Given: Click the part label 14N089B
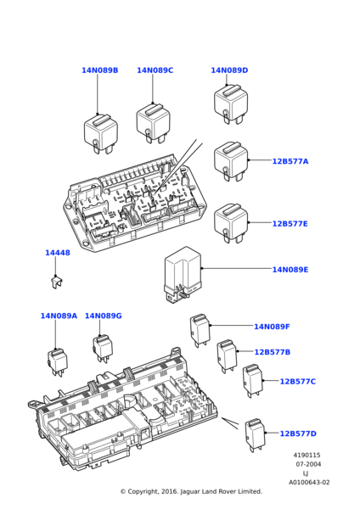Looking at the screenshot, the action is pyautogui.click(x=99, y=70).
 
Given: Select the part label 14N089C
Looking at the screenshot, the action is pyautogui.click(x=155, y=70).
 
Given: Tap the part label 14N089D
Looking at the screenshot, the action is pyautogui.click(x=229, y=70).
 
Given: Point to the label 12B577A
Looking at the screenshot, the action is pyautogui.click(x=290, y=161).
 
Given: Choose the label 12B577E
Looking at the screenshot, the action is pyautogui.click(x=290, y=224).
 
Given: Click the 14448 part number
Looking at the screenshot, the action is pyautogui.click(x=58, y=253).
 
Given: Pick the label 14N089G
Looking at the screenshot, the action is pyautogui.click(x=104, y=316).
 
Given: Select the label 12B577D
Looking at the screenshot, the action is pyautogui.click(x=298, y=433).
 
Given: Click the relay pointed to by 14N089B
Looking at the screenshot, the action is pyautogui.click(x=101, y=133).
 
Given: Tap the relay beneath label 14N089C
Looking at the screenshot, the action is pyautogui.click(x=154, y=124).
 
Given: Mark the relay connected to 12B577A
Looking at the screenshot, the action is pyautogui.click(x=231, y=161).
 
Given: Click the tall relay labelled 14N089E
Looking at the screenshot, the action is pyautogui.click(x=183, y=275).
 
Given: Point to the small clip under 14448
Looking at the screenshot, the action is pyautogui.click(x=57, y=282).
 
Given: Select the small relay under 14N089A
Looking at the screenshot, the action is pyautogui.click(x=58, y=362).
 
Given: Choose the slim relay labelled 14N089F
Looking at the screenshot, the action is pyautogui.click(x=200, y=330).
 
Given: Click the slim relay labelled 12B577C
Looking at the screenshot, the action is pyautogui.click(x=253, y=381).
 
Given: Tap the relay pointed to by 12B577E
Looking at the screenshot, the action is pyautogui.click(x=231, y=223).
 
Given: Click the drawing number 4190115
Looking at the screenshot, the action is pyautogui.click(x=307, y=455).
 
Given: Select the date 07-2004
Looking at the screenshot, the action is pyautogui.click(x=308, y=464).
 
